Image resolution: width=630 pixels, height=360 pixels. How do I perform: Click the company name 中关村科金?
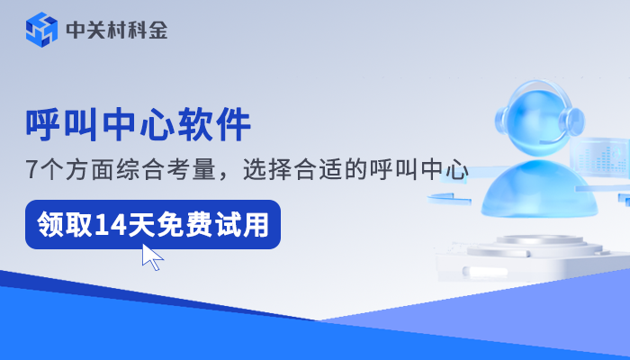coord(116,31)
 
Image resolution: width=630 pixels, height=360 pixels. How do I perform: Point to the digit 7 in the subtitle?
coord(31,168)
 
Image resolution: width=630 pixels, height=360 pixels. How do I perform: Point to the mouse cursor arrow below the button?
coord(152,257)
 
